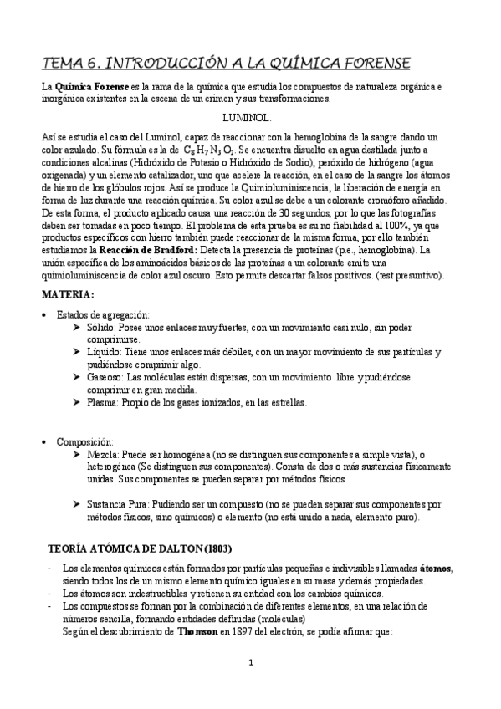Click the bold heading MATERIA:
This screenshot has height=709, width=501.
[67, 294]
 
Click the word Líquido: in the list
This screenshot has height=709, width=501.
[105, 353]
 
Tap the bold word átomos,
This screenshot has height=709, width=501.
[437, 569]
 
